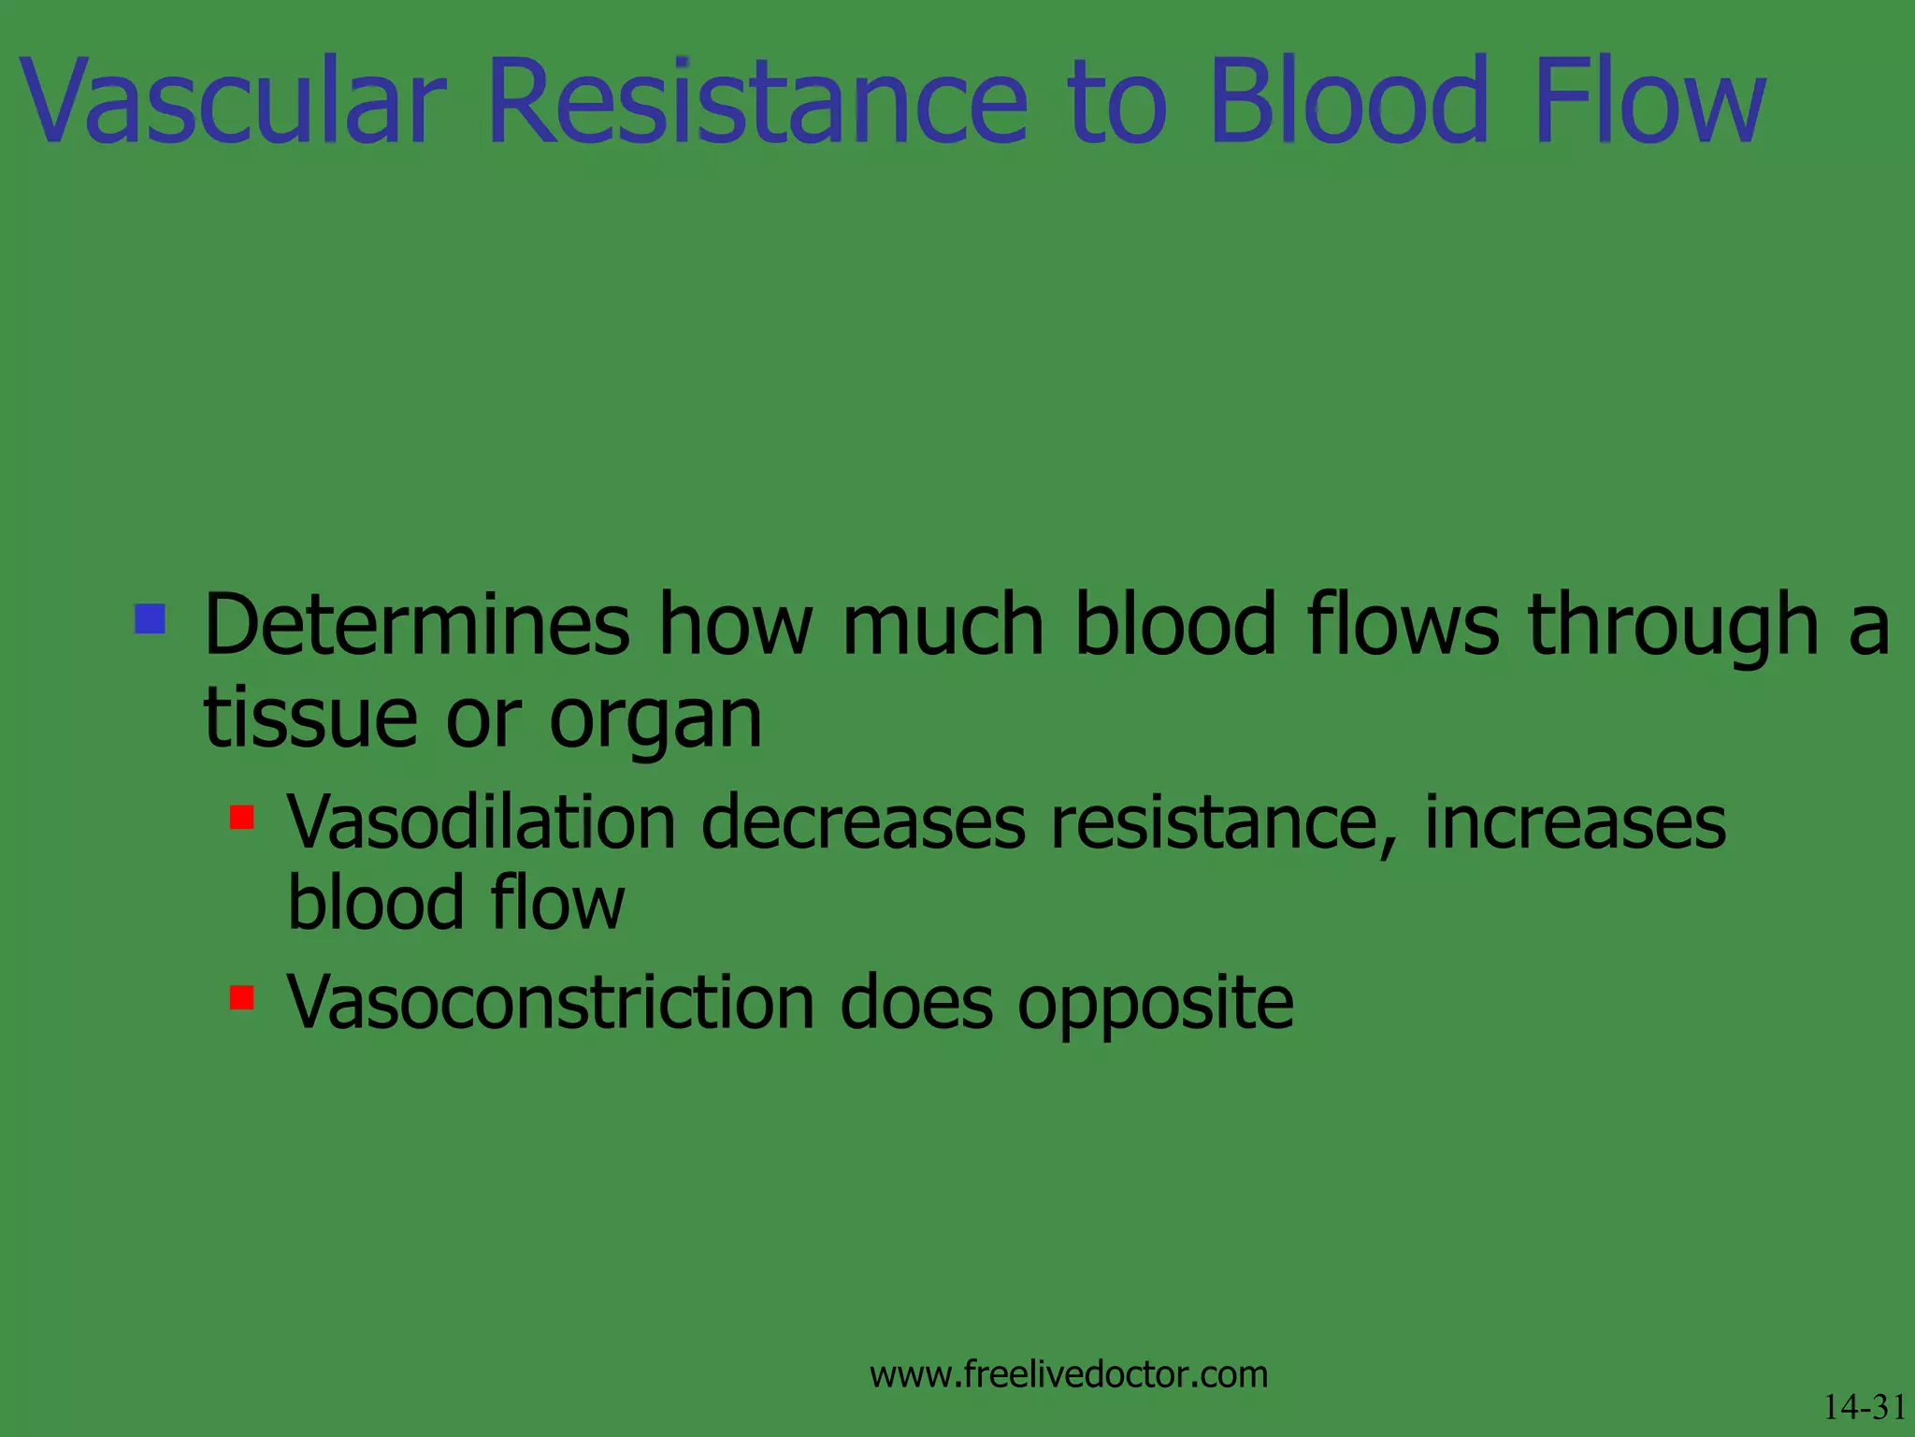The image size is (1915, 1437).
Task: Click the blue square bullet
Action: pyautogui.click(x=150, y=618)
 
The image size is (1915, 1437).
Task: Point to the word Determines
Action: pyautogui.click(x=416, y=624)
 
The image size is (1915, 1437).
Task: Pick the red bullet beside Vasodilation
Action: pyautogui.click(x=241, y=818)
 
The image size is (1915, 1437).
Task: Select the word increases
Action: pyautogui.click(x=1575, y=822)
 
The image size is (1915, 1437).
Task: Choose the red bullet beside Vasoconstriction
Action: pyautogui.click(x=241, y=997)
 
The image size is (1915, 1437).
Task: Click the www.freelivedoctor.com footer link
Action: pyautogui.click(x=1069, y=1374)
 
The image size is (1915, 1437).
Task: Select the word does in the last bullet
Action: pyautogui.click(x=916, y=1002)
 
